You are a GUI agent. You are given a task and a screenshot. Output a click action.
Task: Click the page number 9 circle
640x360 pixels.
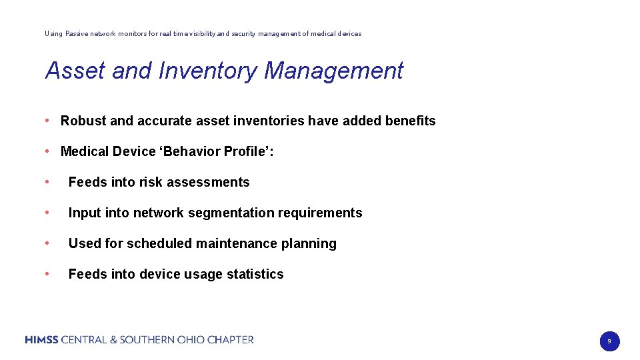click(x=609, y=341)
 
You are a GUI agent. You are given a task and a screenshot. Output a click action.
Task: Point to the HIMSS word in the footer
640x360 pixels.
click(x=41, y=340)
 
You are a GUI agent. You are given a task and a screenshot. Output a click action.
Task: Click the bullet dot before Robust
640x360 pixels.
click(x=48, y=121)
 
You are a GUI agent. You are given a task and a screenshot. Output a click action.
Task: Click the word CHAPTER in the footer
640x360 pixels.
click(x=231, y=340)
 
